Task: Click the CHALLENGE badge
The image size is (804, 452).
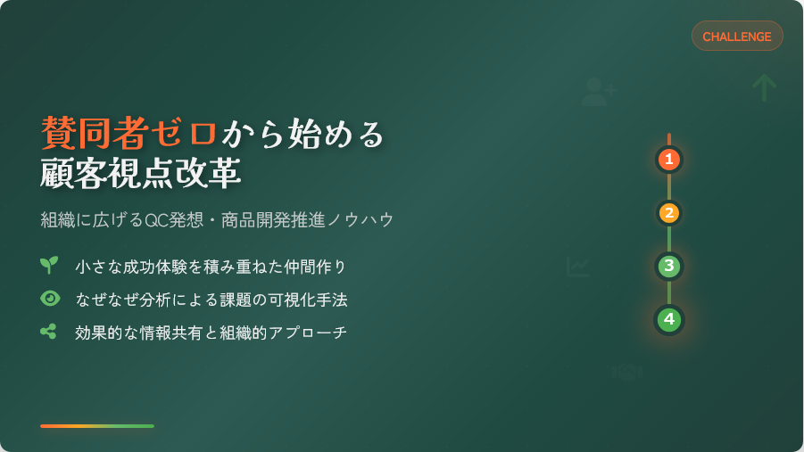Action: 737,36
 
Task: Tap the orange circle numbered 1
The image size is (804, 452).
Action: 668,160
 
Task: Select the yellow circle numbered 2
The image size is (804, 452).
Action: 668,213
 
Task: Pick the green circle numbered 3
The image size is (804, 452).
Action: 668,266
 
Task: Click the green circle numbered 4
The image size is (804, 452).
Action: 668,319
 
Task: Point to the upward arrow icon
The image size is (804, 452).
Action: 764,87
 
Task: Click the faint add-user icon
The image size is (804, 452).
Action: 599,92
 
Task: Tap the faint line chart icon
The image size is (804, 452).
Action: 578,267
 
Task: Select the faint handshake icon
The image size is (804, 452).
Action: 626,372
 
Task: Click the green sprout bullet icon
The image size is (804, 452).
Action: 49,265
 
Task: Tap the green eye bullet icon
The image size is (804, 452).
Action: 50,299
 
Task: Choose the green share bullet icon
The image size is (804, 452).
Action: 48,332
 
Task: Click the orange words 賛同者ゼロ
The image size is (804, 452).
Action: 128,133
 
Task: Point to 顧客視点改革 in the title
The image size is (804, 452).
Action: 140,173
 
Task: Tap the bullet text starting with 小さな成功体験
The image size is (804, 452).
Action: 211,267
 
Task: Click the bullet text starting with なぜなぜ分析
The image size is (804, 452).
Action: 211,300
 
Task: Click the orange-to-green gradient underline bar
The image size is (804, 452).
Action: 97,426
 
